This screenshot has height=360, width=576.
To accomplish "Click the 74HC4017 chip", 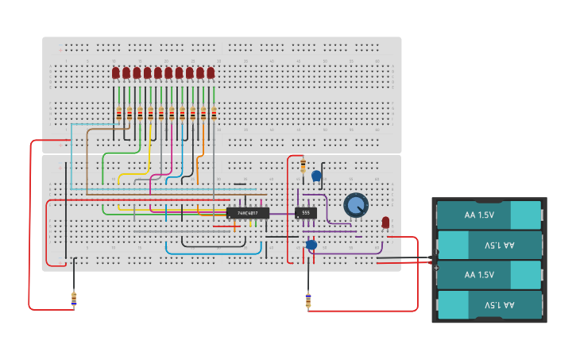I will click(248, 213).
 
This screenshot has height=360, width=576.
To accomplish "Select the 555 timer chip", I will click(306, 213).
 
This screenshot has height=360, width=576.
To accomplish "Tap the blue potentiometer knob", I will click(356, 205).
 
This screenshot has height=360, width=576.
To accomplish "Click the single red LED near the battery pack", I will click(385, 223).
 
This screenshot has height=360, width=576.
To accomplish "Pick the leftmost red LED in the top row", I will click(116, 73).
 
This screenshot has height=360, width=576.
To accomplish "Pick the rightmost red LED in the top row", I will click(211, 73).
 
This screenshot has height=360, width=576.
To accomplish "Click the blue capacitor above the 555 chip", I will click(316, 176).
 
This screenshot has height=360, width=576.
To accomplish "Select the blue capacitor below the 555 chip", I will click(311, 245).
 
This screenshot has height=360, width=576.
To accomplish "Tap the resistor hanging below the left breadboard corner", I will click(74, 299).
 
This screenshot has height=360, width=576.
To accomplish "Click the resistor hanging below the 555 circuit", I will click(308, 300).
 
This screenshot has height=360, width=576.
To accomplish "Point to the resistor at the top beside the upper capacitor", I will click(303, 165).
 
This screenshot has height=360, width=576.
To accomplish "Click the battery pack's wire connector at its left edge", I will click(434, 259).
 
